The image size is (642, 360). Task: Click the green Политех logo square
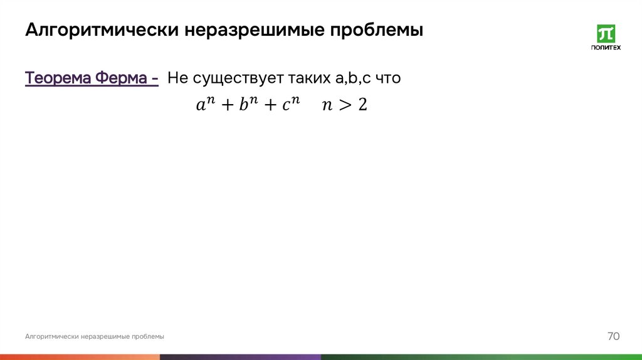tap(606, 33)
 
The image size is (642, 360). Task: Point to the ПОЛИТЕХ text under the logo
tap(606, 47)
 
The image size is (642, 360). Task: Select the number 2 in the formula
tap(362, 105)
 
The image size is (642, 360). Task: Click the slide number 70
tap(613, 336)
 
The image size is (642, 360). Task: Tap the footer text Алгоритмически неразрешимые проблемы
tap(95, 337)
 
